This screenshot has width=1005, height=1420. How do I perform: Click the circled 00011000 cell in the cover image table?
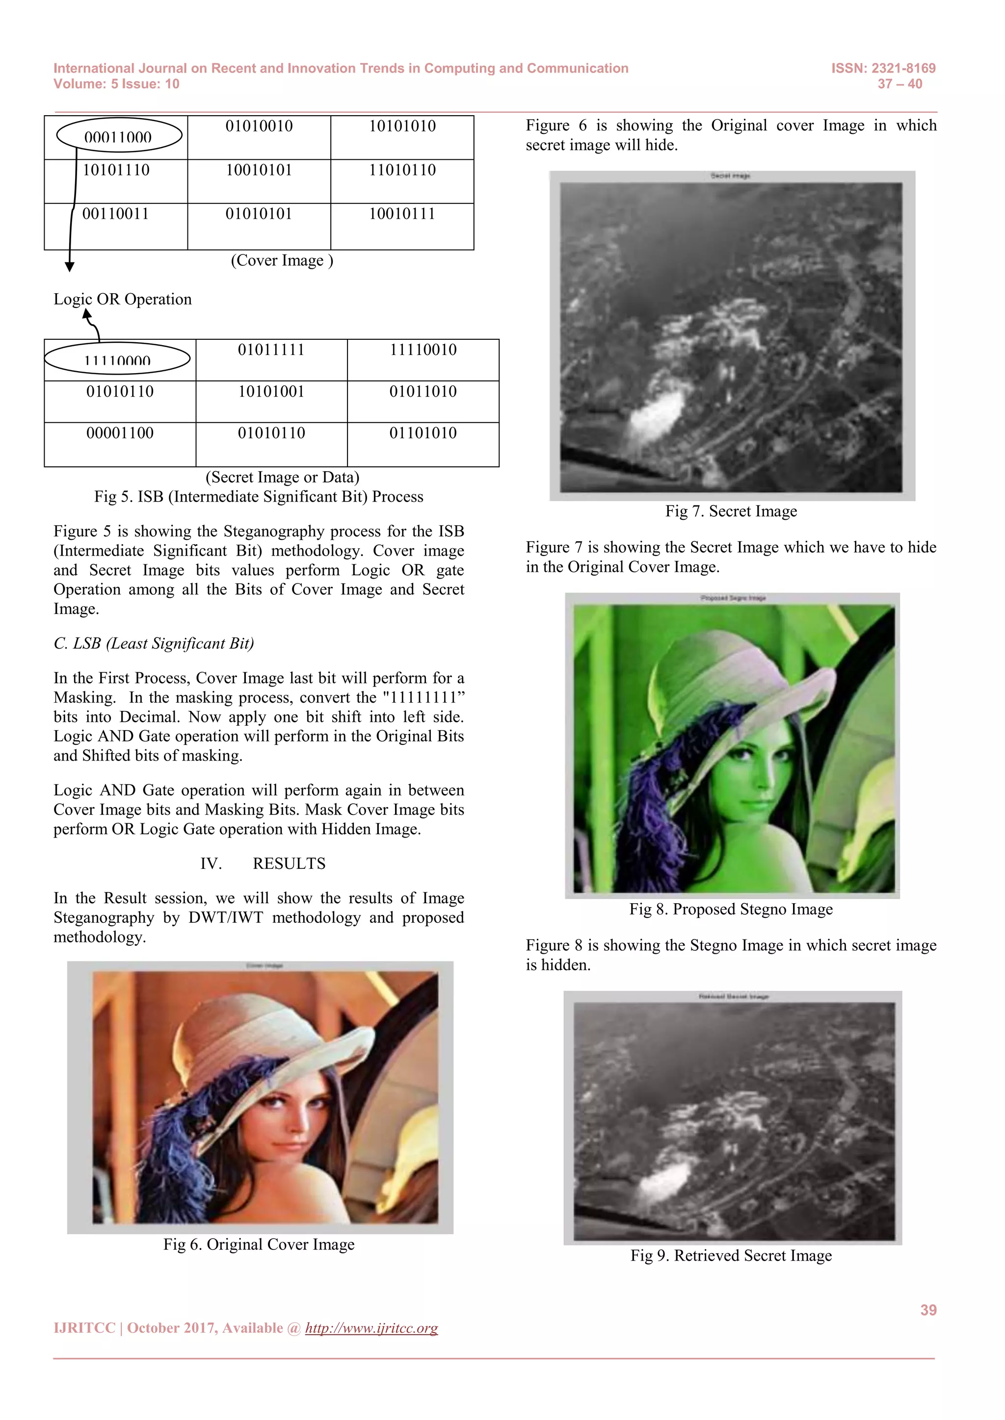point(118,136)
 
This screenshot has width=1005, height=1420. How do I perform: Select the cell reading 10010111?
point(402,214)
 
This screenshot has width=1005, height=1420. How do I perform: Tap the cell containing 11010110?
point(402,170)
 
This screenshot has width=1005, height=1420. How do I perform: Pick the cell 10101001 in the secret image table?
point(271,391)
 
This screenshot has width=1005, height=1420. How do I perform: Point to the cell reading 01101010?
point(423,433)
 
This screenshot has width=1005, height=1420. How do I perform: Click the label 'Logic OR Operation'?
point(123,299)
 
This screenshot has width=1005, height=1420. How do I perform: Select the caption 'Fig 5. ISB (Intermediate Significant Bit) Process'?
point(259,497)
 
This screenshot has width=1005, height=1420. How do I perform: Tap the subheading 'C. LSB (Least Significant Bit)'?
point(154,644)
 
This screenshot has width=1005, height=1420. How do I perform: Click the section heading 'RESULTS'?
point(289,863)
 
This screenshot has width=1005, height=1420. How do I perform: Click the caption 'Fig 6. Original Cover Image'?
point(259,1244)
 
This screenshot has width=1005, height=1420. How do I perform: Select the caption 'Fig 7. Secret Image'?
point(731,511)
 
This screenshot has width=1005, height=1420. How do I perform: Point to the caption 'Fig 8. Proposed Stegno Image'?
point(731,909)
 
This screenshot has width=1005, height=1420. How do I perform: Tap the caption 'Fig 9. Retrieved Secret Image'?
point(731,1255)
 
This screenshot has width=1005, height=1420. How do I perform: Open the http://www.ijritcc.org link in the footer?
point(371,1328)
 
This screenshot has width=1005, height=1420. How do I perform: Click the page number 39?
point(927,1310)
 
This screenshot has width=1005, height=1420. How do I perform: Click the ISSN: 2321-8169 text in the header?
point(883,68)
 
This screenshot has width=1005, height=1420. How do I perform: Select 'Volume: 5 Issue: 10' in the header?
point(116,84)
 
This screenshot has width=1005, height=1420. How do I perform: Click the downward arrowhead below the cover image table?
point(70,267)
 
